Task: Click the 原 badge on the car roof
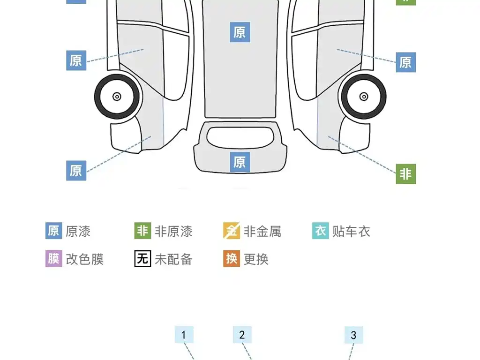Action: click(240, 32)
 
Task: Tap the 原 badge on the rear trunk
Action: click(240, 162)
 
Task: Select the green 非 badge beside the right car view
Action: click(406, 174)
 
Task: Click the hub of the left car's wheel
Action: click(117, 97)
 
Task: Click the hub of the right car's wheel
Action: click(364, 97)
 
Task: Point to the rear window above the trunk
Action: click(240, 137)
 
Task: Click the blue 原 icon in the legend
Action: click(54, 231)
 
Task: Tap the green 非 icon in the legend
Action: click(142, 231)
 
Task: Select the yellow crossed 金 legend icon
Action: click(232, 231)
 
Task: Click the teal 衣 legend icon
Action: click(321, 231)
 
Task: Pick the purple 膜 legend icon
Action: click(54, 259)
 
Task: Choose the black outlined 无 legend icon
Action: click(142, 259)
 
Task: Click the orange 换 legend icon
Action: click(232, 259)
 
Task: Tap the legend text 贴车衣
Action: click(351, 231)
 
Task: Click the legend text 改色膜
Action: click(85, 259)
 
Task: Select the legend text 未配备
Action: click(173, 259)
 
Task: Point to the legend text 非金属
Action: click(262, 231)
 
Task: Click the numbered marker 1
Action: click(184, 335)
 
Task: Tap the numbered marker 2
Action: click(242, 335)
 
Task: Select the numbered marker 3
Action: click(354, 335)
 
